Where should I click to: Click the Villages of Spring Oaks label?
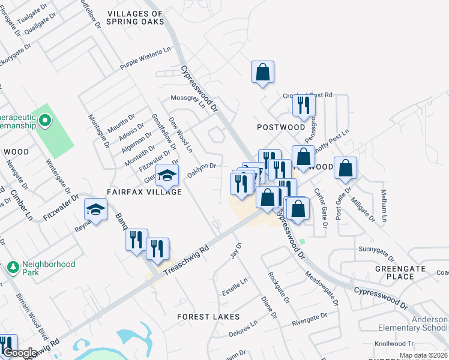tap(134, 17)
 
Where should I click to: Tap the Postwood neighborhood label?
tap(281, 127)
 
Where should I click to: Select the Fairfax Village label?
tap(144, 192)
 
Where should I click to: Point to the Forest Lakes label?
tap(208, 316)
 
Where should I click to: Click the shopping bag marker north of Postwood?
tap(262, 73)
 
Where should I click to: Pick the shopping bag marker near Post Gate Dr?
tap(346, 170)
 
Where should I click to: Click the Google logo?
tap(19, 353)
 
